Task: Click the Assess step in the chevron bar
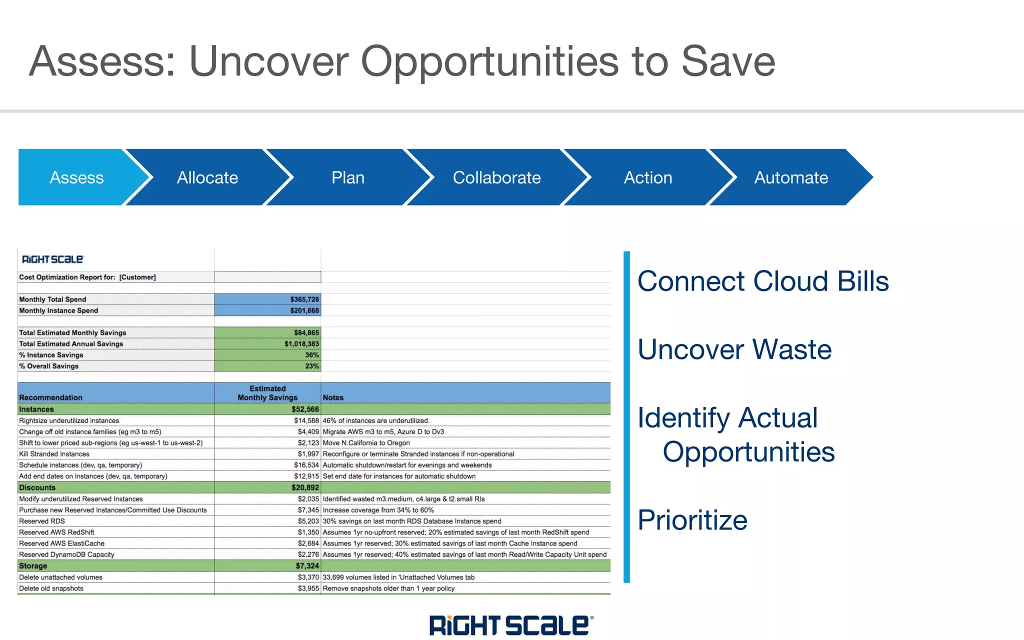pyautogui.click(x=76, y=177)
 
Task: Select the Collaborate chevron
pyautogui.click(x=496, y=177)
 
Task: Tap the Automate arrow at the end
pyautogui.click(x=791, y=177)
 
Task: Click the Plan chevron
pyautogui.click(x=348, y=177)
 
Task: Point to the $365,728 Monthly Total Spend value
pyautogui.click(x=304, y=299)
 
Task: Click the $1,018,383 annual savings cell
pyautogui.click(x=301, y=343)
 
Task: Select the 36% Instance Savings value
pyautogui.click(x=311, y=355)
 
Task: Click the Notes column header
pyautogui.click(x=333, y=397)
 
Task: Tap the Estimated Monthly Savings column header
pyautogui.click(x=267, y=393)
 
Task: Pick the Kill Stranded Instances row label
pyautogui.click(x=54, y=454)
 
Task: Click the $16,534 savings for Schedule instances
pyautogui.click(x=306, y=465)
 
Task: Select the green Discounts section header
pyautogui.click(x=37, y=487)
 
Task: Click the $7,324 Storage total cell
pyautogui.click(x=307, y=566)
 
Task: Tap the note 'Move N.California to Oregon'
pyautogui.click(x=366, y=443)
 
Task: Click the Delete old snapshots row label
pyautogui.click(x=51, y=588)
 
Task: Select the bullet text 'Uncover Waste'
pyautogui.click(x=734, y=349)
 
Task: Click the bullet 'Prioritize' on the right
pyautogui.click(x=692, y=520)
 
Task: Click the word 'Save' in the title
pyautogui.click(x=728, y=61)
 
